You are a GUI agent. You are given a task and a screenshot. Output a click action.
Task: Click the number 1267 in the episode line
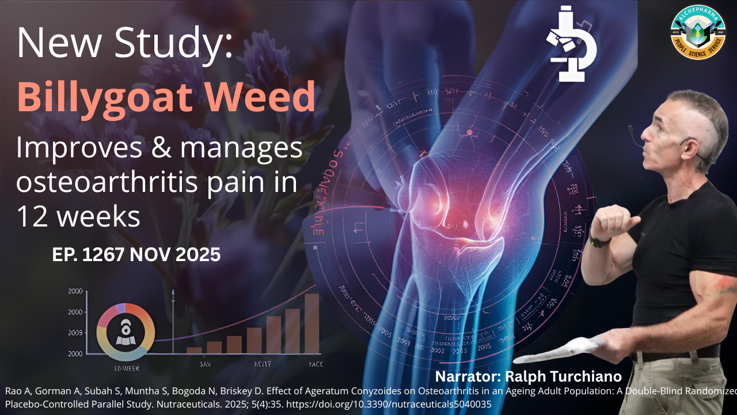point(103,254)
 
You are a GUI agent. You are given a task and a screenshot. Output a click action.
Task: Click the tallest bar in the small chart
point(311,323)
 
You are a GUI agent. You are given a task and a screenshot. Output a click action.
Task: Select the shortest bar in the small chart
point(194,349)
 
